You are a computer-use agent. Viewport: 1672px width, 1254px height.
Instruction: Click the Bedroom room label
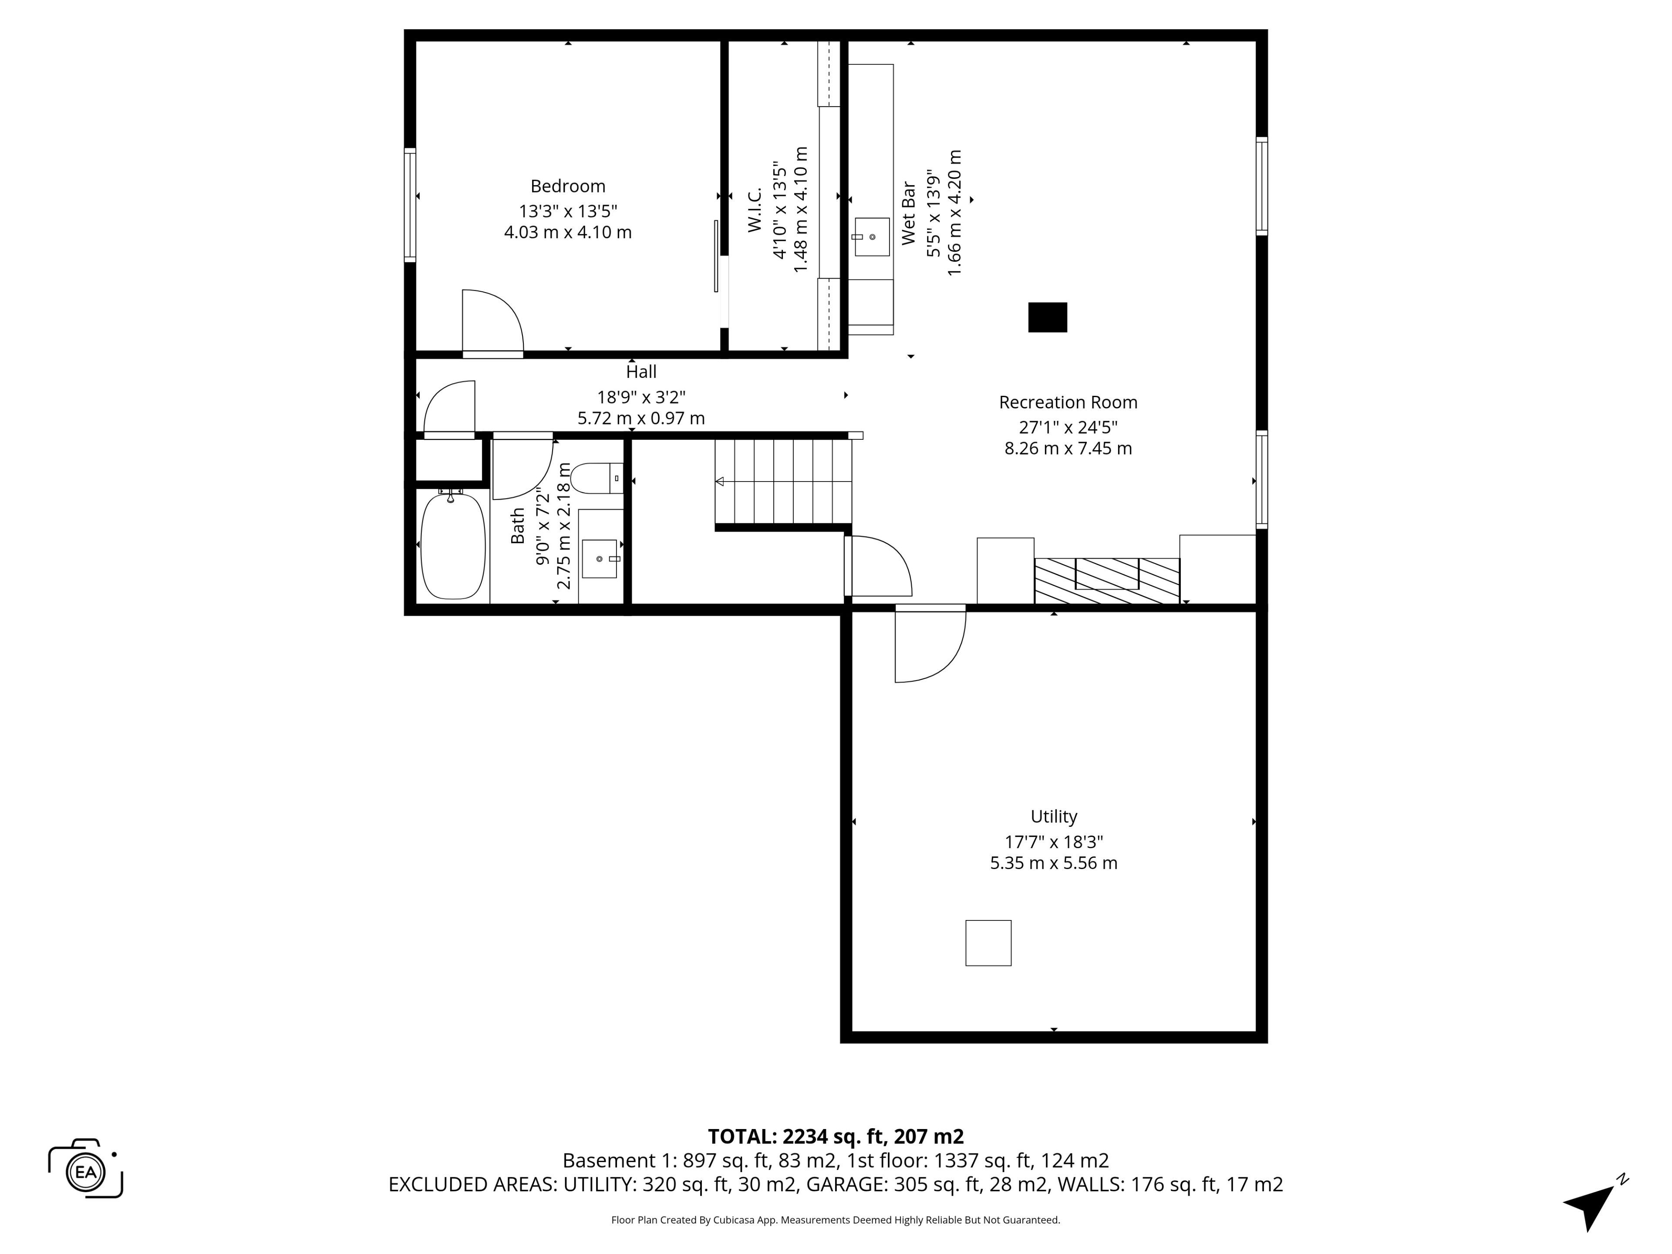pyautogui.click(x=568, y=186)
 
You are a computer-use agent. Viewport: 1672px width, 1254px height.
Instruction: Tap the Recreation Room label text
pyautogui.click(x=1068, y=402)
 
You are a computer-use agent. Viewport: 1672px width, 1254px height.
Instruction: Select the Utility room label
pyautogui.click(x=1054, y=816)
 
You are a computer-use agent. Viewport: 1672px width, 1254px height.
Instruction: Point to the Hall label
pyautogui.click(x=641, y=372)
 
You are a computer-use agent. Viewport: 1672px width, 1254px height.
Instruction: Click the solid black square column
pyautogui.click(x=1048, y=317)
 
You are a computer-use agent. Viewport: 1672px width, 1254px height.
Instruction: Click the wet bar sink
pyautogui.click(x=872, y=236)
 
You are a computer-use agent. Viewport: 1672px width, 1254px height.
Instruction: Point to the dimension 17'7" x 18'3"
pyautogui.click(x=1054, y=841)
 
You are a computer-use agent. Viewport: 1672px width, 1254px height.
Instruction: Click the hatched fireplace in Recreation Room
pyautogui.click(x=1106, y=580)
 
